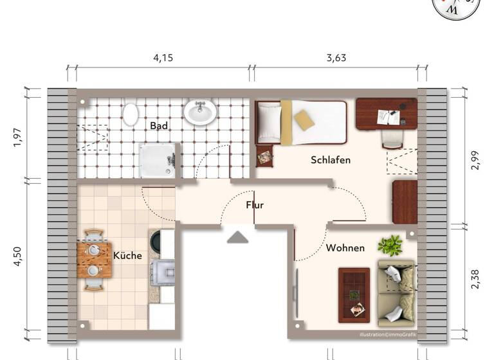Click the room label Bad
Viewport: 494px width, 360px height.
click(x=159, y=126)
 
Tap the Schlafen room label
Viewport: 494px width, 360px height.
click(x=331, y=159)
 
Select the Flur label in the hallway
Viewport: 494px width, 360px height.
click(x=255, y=205)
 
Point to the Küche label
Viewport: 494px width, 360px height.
click(x=127, y=255)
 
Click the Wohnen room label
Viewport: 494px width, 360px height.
click(x=345, y=248)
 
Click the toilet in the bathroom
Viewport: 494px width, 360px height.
click(x=131, y=114)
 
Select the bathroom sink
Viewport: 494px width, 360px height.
click(x=200, y=112)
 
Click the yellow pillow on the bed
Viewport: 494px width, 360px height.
click(x=304, y=120)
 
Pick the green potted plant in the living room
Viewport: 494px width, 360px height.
click(x=390, y=245)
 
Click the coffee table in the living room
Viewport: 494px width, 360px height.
click(x=354, y=294)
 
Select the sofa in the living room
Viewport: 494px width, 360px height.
click(x=396, y=292)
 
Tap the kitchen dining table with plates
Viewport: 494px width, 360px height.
click(x=94, y=260)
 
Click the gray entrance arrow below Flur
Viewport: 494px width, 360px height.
click(x=238, y=237)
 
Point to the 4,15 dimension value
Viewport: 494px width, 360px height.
click(x=163, y=57)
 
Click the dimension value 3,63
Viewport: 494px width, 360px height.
click(x=336, y=57)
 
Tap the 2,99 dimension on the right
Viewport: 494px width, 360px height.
click(x=475, y=159)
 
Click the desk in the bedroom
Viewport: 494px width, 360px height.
click(x=386, y=113)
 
